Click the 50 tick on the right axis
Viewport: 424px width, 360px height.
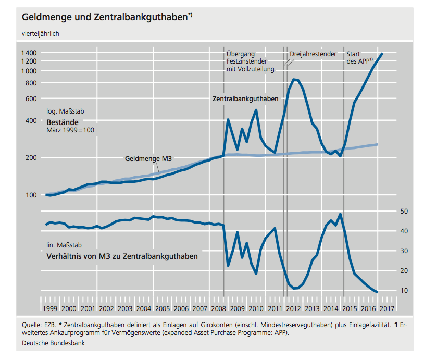point(403,211)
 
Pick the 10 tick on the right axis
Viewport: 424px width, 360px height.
point(403,290)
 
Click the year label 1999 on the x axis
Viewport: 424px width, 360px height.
point(51,308)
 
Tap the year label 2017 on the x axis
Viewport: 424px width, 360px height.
point(386,308)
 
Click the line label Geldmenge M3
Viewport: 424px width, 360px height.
point(148,158)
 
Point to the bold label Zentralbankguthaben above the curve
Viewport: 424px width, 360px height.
point(245,98)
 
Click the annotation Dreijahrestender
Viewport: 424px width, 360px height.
point(313,53)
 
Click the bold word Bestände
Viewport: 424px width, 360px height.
point(63,121)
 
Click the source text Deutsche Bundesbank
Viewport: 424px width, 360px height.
point(54,343)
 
